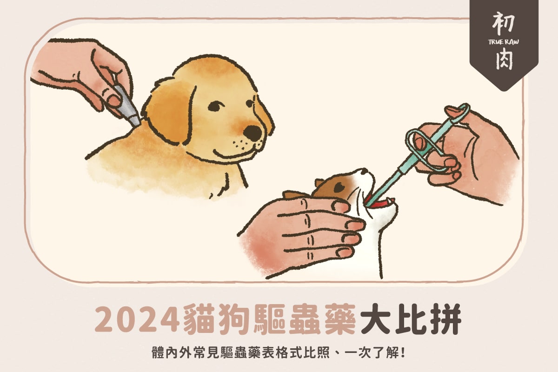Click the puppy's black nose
[252, 133]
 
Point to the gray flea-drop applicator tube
[127, 105]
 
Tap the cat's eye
[339, 187]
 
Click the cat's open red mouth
[378, 203]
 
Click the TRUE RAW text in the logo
[504, 42]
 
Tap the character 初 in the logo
[504, 24]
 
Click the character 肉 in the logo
[504, 60]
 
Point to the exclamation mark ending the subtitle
[403, 353]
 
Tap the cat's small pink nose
[364, 172]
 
